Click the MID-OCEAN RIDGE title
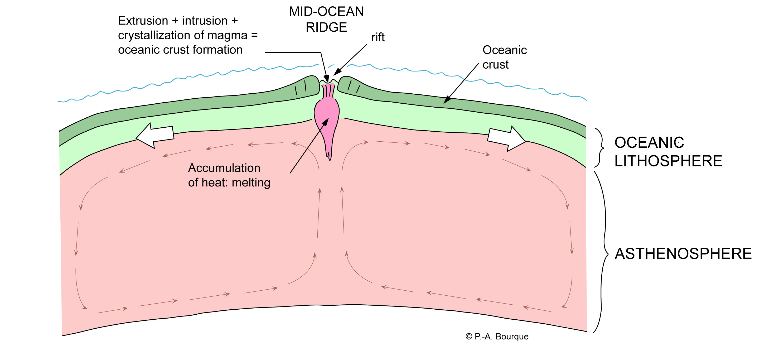326,19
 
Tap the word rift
378,37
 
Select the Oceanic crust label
504,57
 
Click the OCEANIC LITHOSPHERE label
668,152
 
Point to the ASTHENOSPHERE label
683,253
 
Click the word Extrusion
143,21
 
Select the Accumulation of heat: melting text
229,175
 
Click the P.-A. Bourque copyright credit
497,337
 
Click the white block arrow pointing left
155,136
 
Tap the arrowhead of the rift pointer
337,73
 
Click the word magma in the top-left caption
233,35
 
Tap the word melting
251,183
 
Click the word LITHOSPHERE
668,161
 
